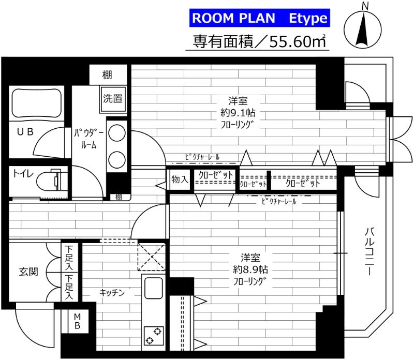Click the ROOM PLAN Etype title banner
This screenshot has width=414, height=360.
coord(260,18)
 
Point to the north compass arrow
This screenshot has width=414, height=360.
coord(363,29)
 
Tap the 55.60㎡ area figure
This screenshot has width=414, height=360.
coord(297,41)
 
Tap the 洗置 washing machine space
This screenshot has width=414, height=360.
coord(113,99)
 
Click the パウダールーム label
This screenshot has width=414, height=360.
coord(88,139)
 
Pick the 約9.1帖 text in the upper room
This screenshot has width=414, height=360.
coord(238,113)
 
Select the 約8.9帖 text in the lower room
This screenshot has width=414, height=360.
coord(250,269)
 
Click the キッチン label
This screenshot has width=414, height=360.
coord(112,292)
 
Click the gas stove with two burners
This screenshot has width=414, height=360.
coord(153,336)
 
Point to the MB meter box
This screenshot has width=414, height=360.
coord(77,321)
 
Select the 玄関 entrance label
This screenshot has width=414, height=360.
coord(28,272)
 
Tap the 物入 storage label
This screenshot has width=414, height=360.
coord(180,179)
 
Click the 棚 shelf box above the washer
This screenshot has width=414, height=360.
coord(108,75)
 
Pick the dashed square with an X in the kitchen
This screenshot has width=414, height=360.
coord(151,257)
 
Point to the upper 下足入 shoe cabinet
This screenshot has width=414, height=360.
coord(69,258)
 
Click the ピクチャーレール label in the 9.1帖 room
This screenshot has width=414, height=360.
coord(202,157)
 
